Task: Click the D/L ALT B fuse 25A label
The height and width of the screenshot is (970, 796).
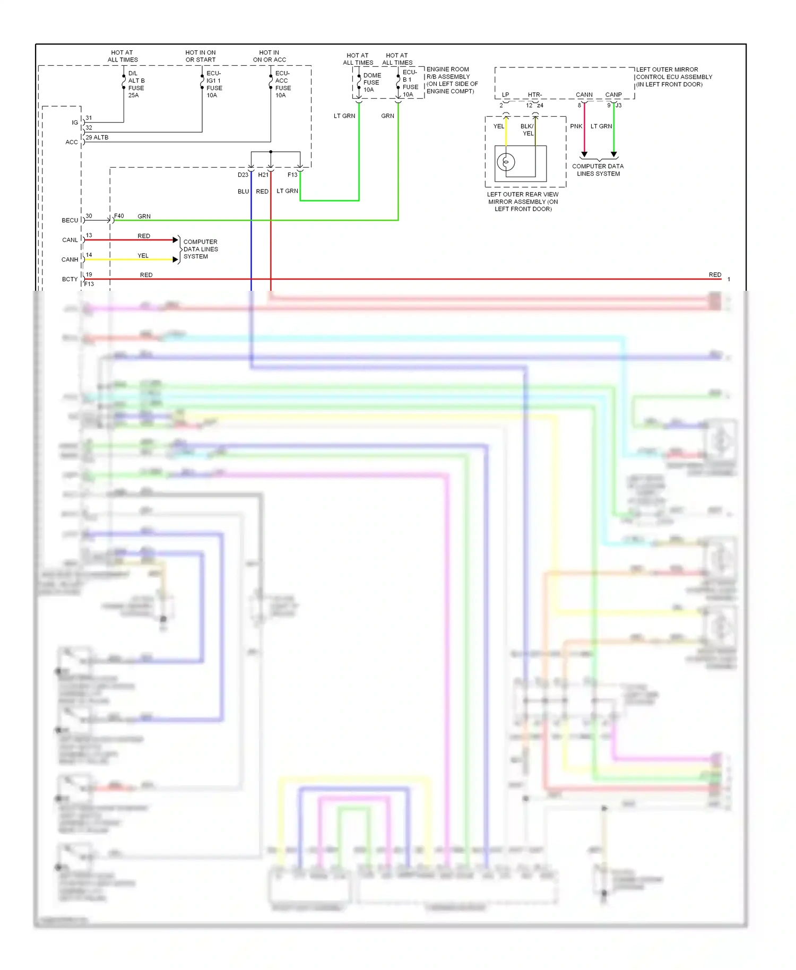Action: coord(136,84)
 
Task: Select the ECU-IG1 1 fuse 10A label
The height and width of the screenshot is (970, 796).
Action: coord(214,84)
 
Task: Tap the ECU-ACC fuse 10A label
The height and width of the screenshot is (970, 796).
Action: coord(282,84)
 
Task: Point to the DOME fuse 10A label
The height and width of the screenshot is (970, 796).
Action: coord(371,82)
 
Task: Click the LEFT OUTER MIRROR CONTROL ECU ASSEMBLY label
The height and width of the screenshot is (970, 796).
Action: coord(673,77)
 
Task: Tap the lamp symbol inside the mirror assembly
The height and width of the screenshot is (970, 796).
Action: coord(506,161)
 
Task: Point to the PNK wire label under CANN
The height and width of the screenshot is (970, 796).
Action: coord(576,126)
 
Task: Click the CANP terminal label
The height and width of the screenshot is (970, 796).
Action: coord(613,95)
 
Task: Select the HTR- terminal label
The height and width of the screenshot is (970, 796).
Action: coord(534,95)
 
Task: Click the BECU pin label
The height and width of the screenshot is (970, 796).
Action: coord(70,220)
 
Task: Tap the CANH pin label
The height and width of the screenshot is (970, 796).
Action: coord(70,259)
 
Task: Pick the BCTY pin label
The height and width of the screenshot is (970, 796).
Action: coord(70,279)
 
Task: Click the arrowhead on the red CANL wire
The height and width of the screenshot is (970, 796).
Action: coord(176,240)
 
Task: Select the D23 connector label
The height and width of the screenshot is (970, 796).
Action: coord(243,175)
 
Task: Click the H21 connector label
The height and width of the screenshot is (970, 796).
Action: coord(263,175)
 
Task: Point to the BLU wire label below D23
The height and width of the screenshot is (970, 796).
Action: coord(243,192)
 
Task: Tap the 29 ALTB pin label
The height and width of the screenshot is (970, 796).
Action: coord(97,137)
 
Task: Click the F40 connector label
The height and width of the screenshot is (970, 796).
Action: coord(119,216)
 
